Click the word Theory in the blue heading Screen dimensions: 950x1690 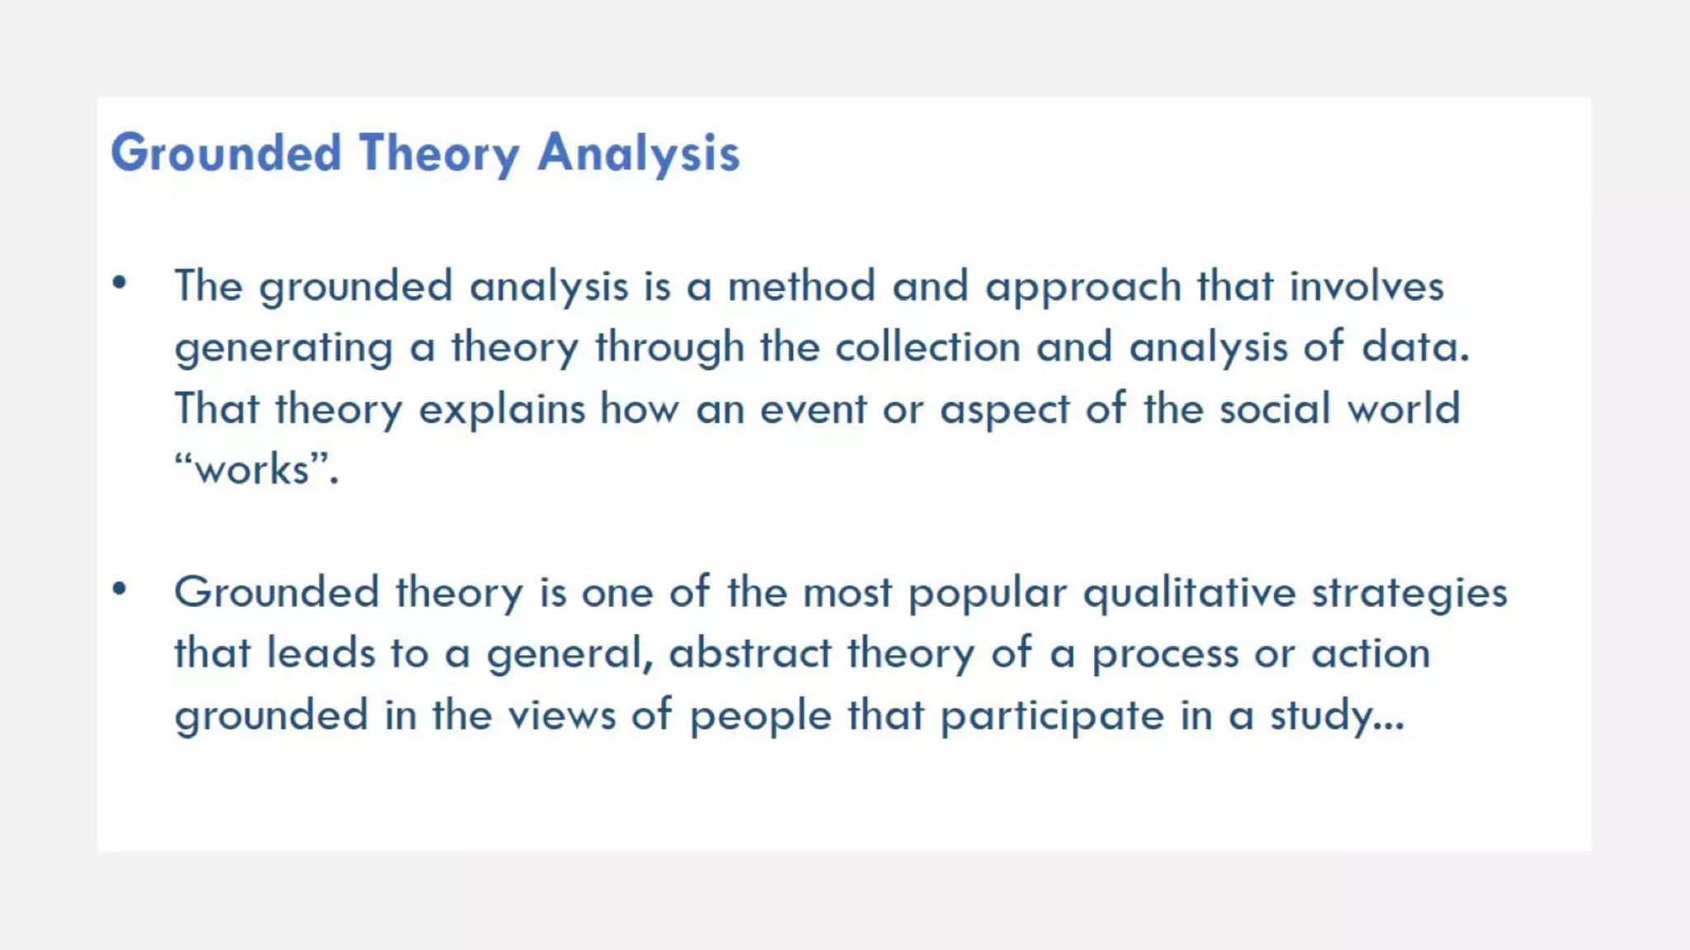coord(439,153)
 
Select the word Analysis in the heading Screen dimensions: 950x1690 coord(639,153)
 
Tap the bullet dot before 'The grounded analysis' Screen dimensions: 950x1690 coord(120,283)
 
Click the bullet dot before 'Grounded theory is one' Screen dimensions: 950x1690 coord(120,589)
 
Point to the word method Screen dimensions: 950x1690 coord(801,286)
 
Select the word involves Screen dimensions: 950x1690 coord(1367,286)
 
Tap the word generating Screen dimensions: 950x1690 coord(284,348)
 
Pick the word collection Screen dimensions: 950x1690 coord(928,346)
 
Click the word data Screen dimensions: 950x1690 coord(1415,346)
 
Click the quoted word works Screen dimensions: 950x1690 coord(253,469)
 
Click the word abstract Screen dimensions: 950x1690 coord(750,653)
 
